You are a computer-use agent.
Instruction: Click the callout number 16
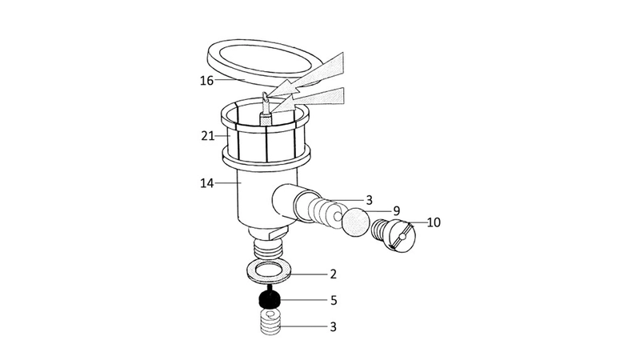coord(206,81)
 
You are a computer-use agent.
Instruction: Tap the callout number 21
coord(207,136)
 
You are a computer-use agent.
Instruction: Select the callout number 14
coord(207,183)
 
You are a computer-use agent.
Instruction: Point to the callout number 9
coord(396,211)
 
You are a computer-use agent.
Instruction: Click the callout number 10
coord(434,222)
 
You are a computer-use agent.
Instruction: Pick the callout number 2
coord(333,274)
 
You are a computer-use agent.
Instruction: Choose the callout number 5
coord(334,301)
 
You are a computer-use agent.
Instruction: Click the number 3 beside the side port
coord(370,201)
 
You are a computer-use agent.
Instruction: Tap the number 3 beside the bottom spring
coord(333,327)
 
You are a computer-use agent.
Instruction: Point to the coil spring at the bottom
coord(271,322)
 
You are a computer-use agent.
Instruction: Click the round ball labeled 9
coord(356,222)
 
